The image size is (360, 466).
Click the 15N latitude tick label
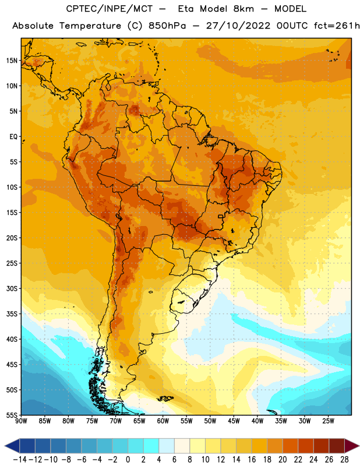point(12,61)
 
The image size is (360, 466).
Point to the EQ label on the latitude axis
point(13,137)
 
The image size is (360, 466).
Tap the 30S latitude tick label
point(12,288)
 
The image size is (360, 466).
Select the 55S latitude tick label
point(12,415)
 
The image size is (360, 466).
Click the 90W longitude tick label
point(21,421)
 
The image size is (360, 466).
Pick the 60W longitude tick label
point(163,421)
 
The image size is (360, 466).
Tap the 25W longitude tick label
point(328,421)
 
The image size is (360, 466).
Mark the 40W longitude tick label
point(257,421)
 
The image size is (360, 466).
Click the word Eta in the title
point(186,9)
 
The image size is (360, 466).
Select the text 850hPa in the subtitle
point(167,26)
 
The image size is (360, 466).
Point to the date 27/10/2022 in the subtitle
point(238,26)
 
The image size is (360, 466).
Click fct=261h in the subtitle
point(337,26)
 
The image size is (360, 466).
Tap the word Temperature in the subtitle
point(90,26)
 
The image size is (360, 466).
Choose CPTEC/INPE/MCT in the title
point(110,9)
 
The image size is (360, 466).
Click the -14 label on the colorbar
point(20,460)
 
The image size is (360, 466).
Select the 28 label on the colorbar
point(344,460)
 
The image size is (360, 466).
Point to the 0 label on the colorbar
point(128,460)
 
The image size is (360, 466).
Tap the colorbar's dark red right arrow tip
point(359,446)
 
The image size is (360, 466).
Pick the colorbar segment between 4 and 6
point(167,446)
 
